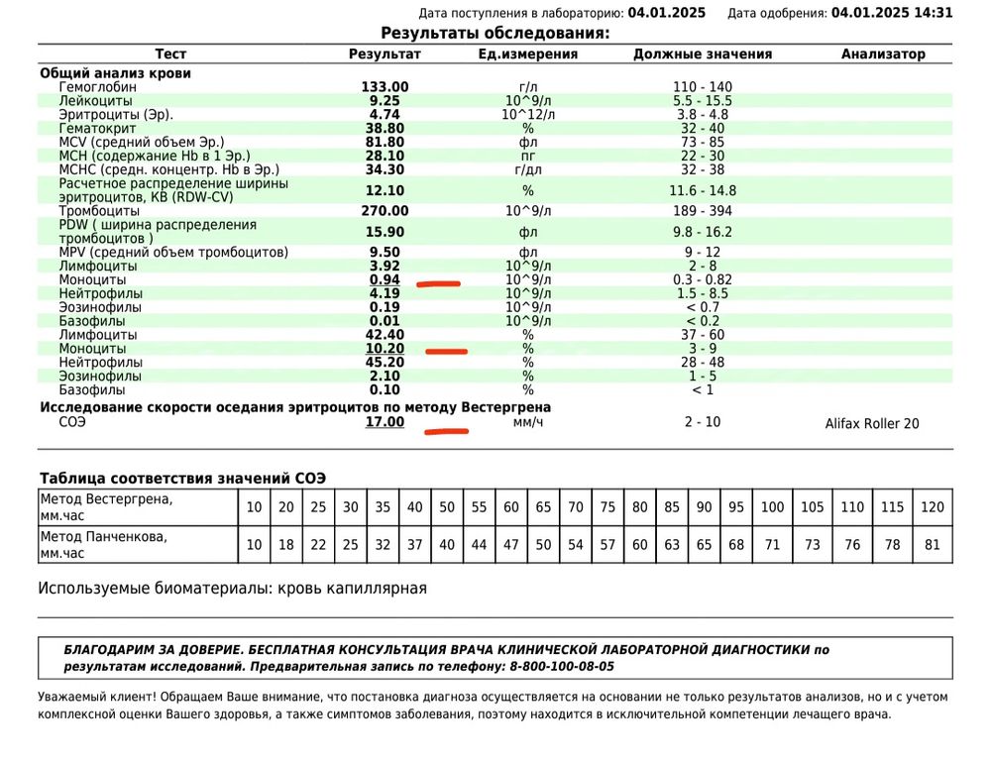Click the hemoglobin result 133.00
(385, 87)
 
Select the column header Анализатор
(883, 54)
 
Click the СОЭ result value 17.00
(385, 422)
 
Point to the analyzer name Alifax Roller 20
(871, 423)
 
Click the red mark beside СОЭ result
(445, 431)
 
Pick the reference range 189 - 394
(702, 211)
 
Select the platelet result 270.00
(385, 211)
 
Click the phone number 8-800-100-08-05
(562, 667)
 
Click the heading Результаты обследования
(495, 34)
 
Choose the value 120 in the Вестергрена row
(933, 507)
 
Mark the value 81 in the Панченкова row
(933, 545)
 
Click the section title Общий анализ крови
(115, 72)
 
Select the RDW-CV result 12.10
(385, 190)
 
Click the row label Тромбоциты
(100, 211)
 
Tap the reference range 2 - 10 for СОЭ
(702, 422)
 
